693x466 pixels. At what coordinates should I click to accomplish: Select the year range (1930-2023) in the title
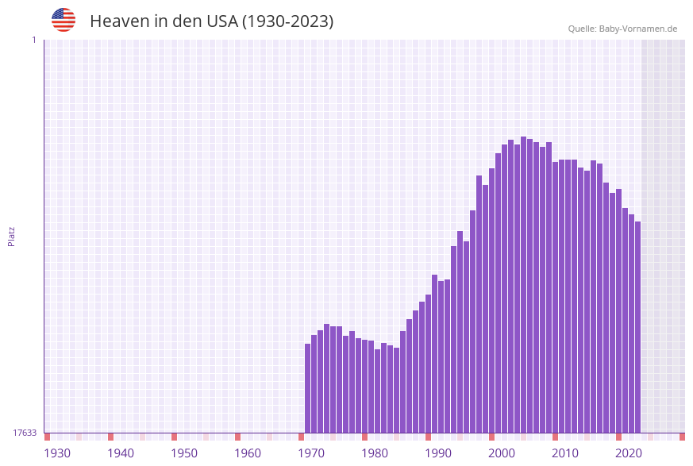pos(287,21)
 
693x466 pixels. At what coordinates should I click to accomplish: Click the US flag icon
pos(64,20)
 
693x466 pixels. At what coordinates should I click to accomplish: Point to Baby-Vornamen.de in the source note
pos(638,29)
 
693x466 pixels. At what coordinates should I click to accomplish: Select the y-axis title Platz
pos(12,236)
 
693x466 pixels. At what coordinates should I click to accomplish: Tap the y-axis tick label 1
pos(33,40)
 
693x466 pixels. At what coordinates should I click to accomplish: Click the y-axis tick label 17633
pos(25,433)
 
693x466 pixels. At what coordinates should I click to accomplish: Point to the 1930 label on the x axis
pos(57,453)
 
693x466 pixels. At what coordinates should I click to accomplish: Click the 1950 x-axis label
pos(184,453)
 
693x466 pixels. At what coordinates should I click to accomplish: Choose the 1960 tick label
pos(248,453)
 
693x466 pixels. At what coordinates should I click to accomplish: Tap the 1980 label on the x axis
pos(375,453)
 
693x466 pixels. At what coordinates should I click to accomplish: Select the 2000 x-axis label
pos(502,453)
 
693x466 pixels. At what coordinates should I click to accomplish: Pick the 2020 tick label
pos(629,453)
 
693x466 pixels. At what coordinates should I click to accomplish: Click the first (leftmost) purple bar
pos(308,388)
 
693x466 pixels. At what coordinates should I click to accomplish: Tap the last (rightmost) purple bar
pos(637,327)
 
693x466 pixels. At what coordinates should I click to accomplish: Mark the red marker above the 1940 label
pos(111,437)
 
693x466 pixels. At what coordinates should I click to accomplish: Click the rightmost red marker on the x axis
pos(682,437)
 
